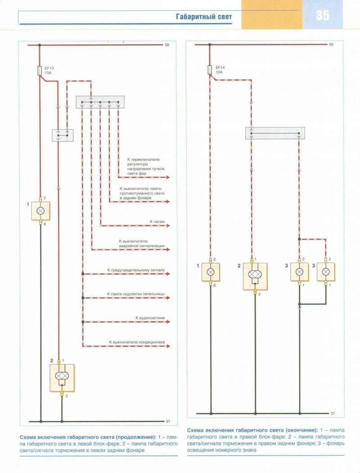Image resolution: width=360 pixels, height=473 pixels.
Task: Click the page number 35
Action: pyautogui.click(x=322, y=15)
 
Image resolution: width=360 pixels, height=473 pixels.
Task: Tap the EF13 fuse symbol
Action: pyautogui.click(x=40, y=70)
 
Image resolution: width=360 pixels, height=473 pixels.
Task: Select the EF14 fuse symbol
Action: pyautogui.click(x=210, y=70)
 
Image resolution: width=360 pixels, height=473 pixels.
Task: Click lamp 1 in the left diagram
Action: pyautogui.click(x=40, y=210)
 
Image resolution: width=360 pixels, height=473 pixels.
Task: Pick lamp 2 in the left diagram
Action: pyautogui.click(x=62, y=376)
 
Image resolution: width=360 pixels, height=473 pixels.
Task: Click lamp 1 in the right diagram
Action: pyautogui.click(x=210, y=272)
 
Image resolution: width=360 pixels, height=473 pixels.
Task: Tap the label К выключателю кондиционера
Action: pyautogui.click(x=137, y=342)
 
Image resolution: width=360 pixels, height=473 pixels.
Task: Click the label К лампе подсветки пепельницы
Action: pyautogui.click(x=136, y=294)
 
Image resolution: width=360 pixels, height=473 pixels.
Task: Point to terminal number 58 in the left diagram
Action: pyautogui.click(x=166, y=45)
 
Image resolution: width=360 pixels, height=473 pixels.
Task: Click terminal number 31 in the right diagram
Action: pyautogui.click(x=333, y=413)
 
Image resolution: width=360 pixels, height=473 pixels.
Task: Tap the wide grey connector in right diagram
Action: pyautogui.click(x=274, y=133)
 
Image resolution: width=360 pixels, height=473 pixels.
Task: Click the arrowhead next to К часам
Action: pyautogui.click(x=168, y=226)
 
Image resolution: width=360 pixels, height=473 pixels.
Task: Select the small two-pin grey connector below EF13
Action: pyautogui.click(x=63, y=134)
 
